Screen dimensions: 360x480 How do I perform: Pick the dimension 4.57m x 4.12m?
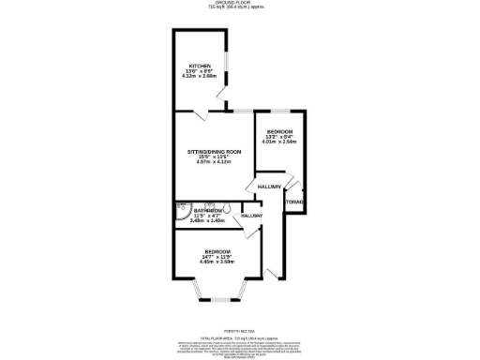pos(213,161)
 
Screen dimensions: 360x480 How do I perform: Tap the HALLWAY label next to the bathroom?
pos(250,216)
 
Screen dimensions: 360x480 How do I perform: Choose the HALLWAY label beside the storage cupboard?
pos(270,187)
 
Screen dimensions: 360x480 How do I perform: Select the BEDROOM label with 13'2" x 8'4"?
pos(280,130)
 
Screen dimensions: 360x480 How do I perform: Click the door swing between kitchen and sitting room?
pos(202,113)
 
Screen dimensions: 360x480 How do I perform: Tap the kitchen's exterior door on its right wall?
pos(221,101)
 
